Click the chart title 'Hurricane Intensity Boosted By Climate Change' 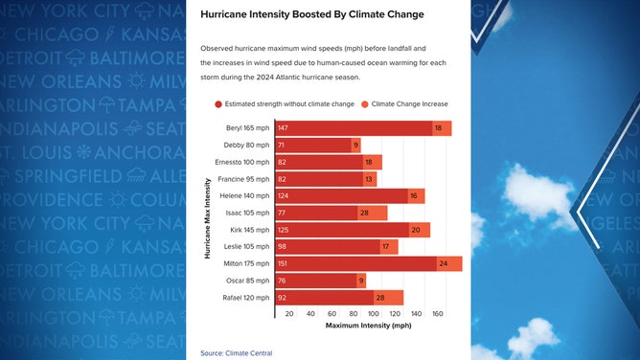(x=312, y=15)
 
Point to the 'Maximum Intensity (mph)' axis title (x=368, y=326)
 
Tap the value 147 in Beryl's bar (x=283, y=128)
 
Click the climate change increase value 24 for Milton (x=444, y=263)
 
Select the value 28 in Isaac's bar (x=365, y=213)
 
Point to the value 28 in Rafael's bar (x=380, y=298)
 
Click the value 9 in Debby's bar (x=355, y=146)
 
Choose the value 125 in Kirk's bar (x=283, y=230)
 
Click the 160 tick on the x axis (x=438, y=313)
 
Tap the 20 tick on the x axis (x=288, y=313)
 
